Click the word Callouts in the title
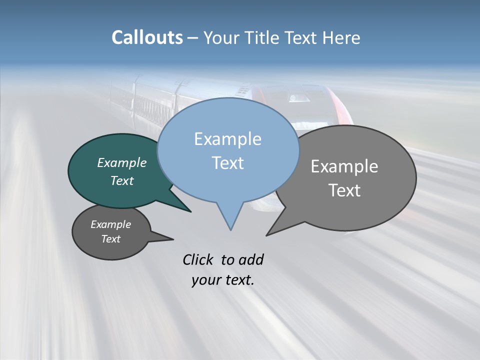coord(147,37)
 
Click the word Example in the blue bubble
coord(227,139)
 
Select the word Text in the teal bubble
coord(122,180)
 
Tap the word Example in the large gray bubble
coord(344,166)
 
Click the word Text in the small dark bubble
coord(111,239)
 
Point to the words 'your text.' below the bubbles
coord(223,279)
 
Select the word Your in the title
coord(221,37)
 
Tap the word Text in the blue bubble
coord(227,163)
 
